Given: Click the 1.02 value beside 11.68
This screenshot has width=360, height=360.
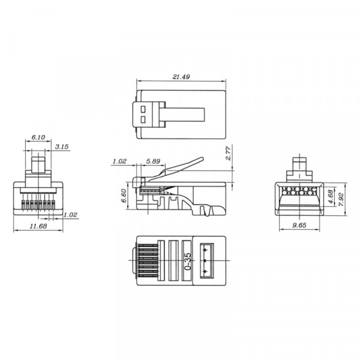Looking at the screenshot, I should pyautogui.click(x=70, y=214).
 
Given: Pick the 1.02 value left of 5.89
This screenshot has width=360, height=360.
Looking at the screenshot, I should pyautogui.click(x=118, y=161).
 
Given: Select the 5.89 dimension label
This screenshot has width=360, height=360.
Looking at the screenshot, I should pyautogui.click(x=152, y=161).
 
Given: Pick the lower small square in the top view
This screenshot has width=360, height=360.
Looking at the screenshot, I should pyautogui.click(x=145, y=119).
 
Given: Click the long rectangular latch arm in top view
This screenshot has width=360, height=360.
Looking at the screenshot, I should pyautogui.click(x=186, y=114).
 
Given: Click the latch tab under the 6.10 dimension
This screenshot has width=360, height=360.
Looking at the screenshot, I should pyautogui.click(x=38, y=164).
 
